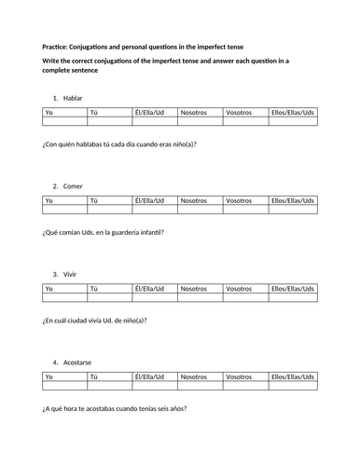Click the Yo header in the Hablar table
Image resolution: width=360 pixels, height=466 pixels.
tap(49, 112)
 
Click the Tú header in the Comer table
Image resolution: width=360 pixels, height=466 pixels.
tap(93, 200)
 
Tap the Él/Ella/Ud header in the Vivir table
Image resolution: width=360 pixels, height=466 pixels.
tap(149, 289)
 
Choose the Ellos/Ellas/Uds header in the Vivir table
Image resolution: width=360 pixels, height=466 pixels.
tap(293, 289)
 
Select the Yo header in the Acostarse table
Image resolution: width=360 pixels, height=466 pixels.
tap(49, 377)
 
